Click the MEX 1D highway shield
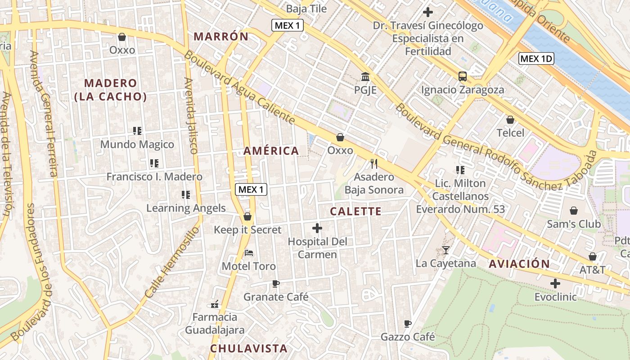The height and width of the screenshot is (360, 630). click(536, 58)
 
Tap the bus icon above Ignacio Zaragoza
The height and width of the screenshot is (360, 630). click(463, 76)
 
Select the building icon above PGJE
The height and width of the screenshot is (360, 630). click(365, 76)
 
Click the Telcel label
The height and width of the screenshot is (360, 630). click(510, 133)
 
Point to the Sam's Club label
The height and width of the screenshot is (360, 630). click(574, 224)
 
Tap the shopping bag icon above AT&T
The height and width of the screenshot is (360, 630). click(593, 256)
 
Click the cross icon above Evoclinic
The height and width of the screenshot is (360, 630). click(555, 283)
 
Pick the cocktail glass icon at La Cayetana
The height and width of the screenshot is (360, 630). click(446, 250)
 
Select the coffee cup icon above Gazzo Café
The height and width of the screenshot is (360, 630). click(408, 324)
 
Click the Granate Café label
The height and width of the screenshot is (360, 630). click(276, 297)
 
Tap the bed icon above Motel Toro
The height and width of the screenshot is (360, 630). click(249, 253)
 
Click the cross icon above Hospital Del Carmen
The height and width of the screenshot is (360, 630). click(317, 228)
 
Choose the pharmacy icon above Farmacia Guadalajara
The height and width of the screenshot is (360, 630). click(215, 304)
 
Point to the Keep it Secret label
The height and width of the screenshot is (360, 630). click(247, 230)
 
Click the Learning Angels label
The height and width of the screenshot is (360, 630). click(186, 208)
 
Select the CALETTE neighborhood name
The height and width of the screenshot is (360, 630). click(355, 211)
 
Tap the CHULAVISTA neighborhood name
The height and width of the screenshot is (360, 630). click(249, 348)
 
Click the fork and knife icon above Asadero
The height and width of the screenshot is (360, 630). click(373, 163)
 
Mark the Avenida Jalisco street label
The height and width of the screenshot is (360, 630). click(192, 116)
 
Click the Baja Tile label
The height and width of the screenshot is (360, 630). click(306, 9)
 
